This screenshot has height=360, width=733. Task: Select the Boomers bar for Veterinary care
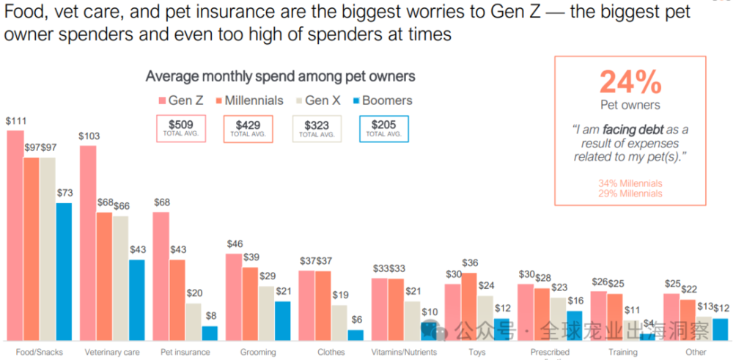coord(136,300)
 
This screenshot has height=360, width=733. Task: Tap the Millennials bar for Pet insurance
coord(177,300)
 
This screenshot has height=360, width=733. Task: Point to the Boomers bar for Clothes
coord(356,335)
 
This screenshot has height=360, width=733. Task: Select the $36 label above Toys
coord(469,263)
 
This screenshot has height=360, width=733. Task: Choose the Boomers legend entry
coord(380,100)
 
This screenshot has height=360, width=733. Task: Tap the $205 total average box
coord(383,128)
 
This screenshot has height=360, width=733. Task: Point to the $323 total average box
coord(317,128)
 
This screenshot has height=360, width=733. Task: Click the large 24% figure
coord(630,82)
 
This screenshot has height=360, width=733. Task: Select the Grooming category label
coord(258,353)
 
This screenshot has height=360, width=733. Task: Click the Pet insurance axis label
coord(185,353)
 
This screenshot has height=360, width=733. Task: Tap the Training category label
coord(623,353)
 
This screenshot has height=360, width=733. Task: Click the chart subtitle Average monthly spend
coord(280,76)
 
